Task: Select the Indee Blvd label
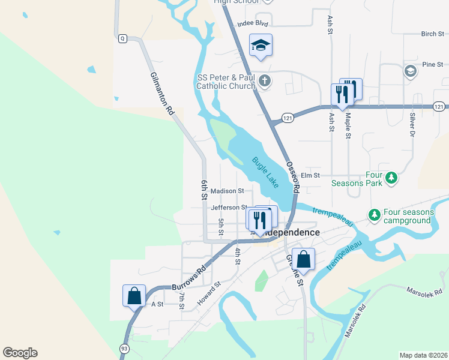point(252,23)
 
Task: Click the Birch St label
point(432,34)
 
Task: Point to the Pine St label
point(432,64)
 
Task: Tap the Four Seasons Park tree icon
point(391,177)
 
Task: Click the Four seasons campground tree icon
point(374,214)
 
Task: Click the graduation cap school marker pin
point(261,45)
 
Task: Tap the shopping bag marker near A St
point(134,296)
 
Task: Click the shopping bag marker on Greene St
point(304,259)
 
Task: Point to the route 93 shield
point(124,348)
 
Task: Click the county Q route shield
point(122,38)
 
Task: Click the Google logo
point(20,353)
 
